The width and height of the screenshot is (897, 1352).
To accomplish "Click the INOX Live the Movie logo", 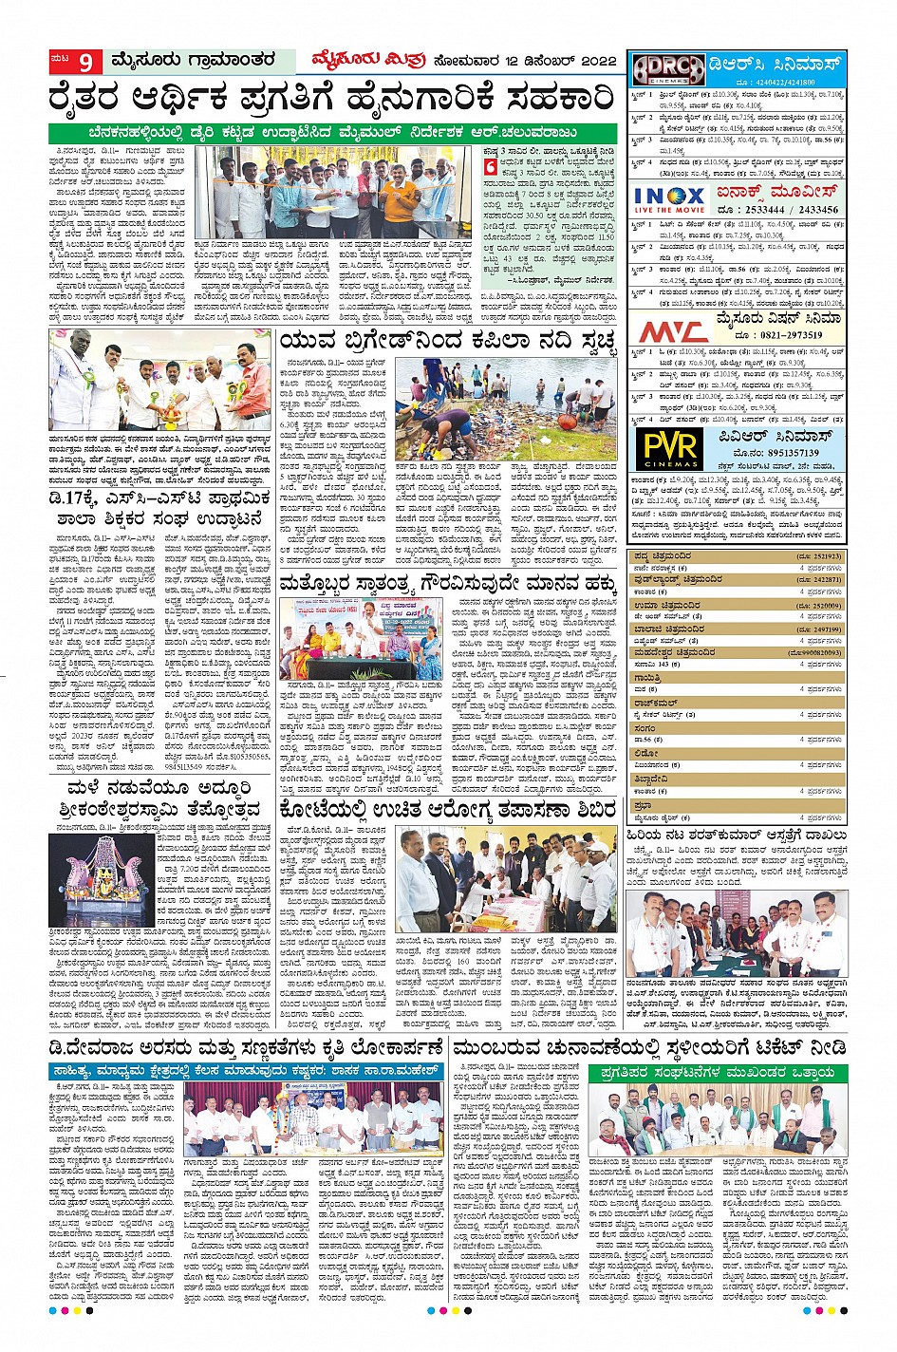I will coord(668,201).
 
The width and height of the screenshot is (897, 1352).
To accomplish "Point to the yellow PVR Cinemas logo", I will coord(670,447).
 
